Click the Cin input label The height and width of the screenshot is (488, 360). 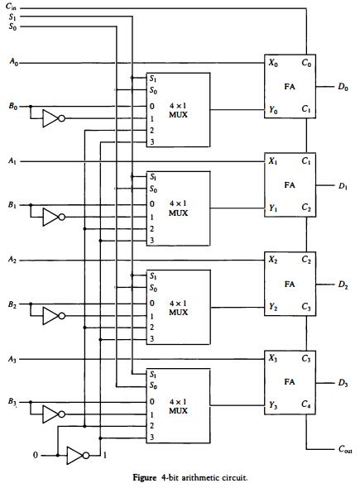point(11,7)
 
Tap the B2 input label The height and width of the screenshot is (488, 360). point(11,304)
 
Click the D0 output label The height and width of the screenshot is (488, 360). point(343,87)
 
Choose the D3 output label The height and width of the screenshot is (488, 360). point(343,383)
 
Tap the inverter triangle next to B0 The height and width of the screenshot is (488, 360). point(51,119)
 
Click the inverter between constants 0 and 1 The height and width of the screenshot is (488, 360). point(76,455)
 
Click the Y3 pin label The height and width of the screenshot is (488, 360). point(274,405)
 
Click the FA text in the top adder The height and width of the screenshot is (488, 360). point(290,85)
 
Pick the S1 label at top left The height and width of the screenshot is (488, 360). point(11,17)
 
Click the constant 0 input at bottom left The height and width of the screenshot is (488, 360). point(34,455)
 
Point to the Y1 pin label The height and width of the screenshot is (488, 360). point(274,208)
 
